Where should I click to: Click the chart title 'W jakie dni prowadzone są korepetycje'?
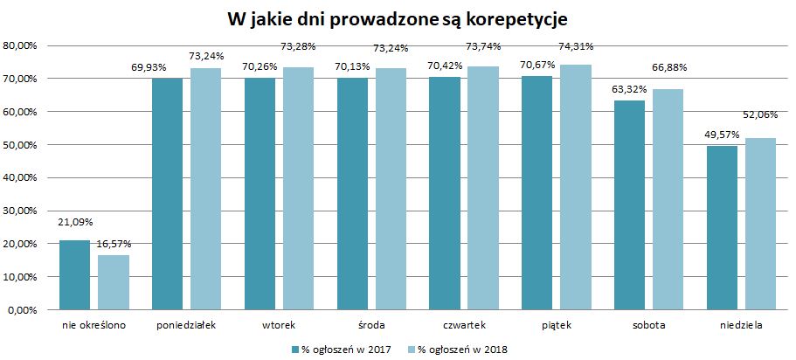pos(398,17)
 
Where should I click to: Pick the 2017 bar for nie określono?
pos(76,274)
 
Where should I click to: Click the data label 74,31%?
pos(577,45)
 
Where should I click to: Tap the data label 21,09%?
pos(76,223)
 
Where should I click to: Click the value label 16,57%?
pos(114,238)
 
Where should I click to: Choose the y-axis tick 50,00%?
pos(20,144)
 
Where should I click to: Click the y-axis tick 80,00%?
pos(20,45)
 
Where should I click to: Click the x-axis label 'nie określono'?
pos(94,326)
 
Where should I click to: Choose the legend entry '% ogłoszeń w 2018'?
pos(464,349)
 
